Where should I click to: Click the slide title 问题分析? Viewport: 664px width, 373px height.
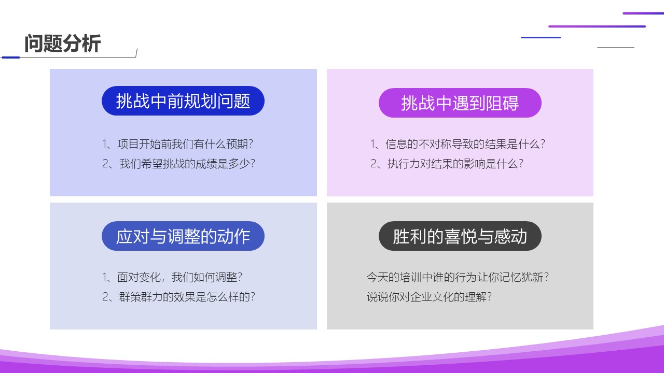pyautogui.click(x=63, y=44)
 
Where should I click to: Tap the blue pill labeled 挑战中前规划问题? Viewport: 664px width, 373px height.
pyautogui.click(x=183, y=101)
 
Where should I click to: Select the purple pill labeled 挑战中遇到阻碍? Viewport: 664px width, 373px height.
pyautogui.click(x=460, y=103)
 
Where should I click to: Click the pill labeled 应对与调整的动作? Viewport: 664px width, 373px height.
pyautogui.click(x=183, y=236)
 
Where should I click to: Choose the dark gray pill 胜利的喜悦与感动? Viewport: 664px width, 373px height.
pyautogui.click(x=460, y=236)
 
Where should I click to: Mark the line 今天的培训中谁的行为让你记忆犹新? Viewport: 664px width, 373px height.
pyautogui.click(x=458, y=277)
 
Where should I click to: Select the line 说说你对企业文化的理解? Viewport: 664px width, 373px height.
pyautogui.click(x=429, y=297)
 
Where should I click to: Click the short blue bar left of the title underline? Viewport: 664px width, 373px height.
pyautogui.click(x=11, y=58)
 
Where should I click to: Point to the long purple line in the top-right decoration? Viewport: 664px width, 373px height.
pyautogui.click(x=597, y=26)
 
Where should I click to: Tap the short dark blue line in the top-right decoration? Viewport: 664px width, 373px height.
pyautogui.click(x=541, y=38)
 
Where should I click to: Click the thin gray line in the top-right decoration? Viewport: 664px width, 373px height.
pyautogui.click(x=616, y=47)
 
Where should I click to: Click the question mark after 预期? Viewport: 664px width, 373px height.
pyautogui.click(x=251, y=144)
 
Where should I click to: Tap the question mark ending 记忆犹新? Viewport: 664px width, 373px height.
pyautogui.click(x=546, y=277)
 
